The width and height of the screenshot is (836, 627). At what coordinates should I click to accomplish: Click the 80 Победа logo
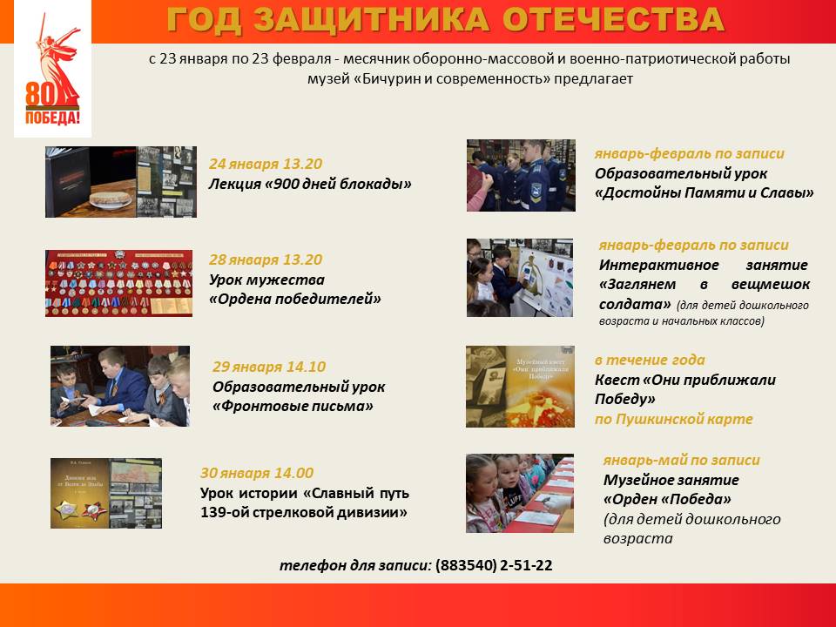pyautogui.click(x=53, y=70)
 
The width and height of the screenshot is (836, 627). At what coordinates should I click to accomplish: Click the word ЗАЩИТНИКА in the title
pyautogui.click(x=372, y=20)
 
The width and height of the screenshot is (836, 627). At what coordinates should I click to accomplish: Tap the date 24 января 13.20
pyautogui.click(x=266, y=164)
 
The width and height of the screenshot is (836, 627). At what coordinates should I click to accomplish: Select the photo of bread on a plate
pyautogui.click(x=121, y=182)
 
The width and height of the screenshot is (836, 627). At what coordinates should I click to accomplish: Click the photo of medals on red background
pyautogui.click(x=119, y=283)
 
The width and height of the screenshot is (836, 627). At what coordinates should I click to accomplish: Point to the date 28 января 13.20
pyautogui.click(x=266, y=260)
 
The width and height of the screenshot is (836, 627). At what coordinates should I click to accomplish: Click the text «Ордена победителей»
pyautogui.click(x=295, y=299)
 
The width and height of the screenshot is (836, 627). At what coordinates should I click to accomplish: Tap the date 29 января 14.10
pyautogui.click(x=269, y=367)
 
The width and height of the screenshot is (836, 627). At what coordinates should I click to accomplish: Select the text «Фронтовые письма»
pyautogui.click(x=293, y=407)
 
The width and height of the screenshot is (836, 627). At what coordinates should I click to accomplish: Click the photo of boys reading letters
pyautogui.click(x=120, y=386)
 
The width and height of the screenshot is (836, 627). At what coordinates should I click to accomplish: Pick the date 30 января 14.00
pyautogui.click(x=256, y=473)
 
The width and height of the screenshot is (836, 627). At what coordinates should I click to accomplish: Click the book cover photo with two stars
pyautogui.click(x=106, y=493)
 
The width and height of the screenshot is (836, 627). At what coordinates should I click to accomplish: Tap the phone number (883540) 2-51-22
pyautogui.click(x=494, y=565)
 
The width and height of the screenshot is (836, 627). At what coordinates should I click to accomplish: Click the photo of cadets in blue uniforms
pyautogui.click(x=521, y=175)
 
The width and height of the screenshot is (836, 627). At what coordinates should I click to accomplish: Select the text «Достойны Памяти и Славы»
pyautogui.click(x=705, y=193)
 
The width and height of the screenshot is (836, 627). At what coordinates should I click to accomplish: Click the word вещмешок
pyautogui.click(x=771, y=284)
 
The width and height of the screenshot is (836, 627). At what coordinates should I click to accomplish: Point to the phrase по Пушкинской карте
pyautogui.click(x=673, y=419)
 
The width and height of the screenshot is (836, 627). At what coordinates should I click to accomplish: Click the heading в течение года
pyautogui.click(x=650, y=360)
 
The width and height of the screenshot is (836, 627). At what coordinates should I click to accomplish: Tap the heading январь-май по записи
pyautogui.click(x=681, y=460)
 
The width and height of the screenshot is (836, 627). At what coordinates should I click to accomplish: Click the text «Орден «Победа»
pyautogui.click(x=667, y=500)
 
